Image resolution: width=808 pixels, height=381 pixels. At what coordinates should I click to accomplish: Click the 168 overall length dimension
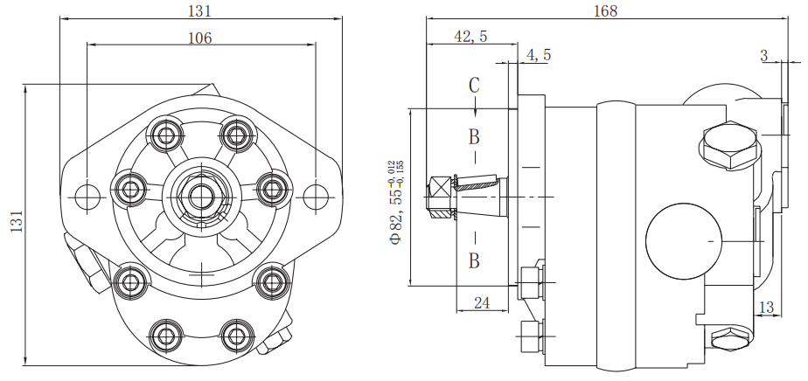point(605,10)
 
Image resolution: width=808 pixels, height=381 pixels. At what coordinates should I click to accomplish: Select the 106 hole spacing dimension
point(200,38)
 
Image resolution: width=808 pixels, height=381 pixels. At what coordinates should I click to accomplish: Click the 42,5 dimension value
point(471,36)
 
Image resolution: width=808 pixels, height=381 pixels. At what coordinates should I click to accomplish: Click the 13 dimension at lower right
point(766,307)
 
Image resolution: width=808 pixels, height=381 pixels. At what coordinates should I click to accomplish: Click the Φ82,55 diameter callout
point(396,201)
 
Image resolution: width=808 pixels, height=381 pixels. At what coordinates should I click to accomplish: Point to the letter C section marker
point(474,86)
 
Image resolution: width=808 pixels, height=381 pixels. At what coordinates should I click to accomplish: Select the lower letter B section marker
point(474,260)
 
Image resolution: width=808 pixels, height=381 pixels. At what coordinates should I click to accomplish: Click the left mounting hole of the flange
point(87,196)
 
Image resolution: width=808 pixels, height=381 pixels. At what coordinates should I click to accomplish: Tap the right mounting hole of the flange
point(314,196)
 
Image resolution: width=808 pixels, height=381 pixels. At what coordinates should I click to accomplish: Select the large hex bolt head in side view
point(728,146)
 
